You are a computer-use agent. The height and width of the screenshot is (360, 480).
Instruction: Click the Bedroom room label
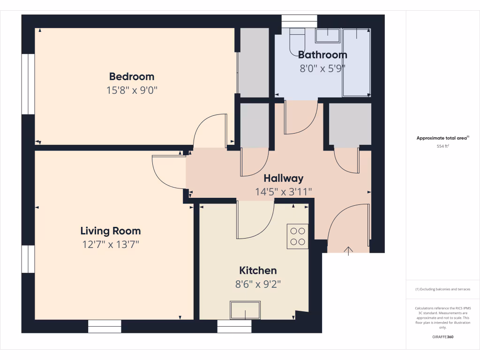132,76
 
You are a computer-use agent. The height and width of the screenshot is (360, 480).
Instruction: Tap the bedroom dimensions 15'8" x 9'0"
132,90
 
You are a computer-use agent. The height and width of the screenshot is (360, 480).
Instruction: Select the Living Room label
110,231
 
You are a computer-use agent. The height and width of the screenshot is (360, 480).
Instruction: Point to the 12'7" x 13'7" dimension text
110,244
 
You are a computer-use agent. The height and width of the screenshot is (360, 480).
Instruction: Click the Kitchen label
258,270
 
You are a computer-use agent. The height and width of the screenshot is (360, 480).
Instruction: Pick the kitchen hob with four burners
298,236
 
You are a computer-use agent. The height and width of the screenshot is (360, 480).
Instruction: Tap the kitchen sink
245,310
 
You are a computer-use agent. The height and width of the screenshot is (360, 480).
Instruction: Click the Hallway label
283,178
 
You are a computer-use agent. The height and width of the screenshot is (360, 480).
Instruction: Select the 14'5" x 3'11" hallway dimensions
283,191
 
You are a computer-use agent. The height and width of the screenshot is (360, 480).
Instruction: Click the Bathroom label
322,55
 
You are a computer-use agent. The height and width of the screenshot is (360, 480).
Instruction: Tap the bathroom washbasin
328,35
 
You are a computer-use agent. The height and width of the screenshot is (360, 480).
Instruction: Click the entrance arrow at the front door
348,251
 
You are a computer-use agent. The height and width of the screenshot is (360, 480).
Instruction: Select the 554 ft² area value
442,146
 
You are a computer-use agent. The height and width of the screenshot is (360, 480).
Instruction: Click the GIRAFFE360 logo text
442,337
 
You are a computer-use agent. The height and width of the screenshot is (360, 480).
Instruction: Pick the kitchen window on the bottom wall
234,326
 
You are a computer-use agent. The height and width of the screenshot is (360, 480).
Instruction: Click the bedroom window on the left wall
28,84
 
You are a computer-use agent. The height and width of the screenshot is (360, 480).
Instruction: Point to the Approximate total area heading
442,138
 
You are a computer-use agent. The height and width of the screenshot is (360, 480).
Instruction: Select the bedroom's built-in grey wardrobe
254,62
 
